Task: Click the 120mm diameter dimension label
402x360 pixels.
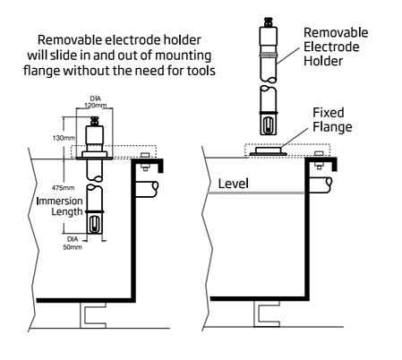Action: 95,102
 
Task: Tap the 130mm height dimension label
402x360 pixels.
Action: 64,138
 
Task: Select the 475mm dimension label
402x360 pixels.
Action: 63,188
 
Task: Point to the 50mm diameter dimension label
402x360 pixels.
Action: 73,244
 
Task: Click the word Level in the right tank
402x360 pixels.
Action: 233,184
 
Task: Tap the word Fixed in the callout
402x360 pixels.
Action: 329,113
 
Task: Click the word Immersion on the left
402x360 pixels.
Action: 59,201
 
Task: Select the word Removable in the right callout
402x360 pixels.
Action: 336,32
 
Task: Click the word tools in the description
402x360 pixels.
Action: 201,71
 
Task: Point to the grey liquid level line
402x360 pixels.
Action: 256,193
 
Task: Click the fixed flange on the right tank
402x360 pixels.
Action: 269,150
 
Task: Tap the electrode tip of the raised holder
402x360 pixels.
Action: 269,124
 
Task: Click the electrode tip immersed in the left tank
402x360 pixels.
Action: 95,223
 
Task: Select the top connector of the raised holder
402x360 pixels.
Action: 269,22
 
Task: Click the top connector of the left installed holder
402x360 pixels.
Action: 95,121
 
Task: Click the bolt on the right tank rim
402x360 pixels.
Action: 319,160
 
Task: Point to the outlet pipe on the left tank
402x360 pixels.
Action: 147,189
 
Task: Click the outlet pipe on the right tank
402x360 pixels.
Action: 321,185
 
